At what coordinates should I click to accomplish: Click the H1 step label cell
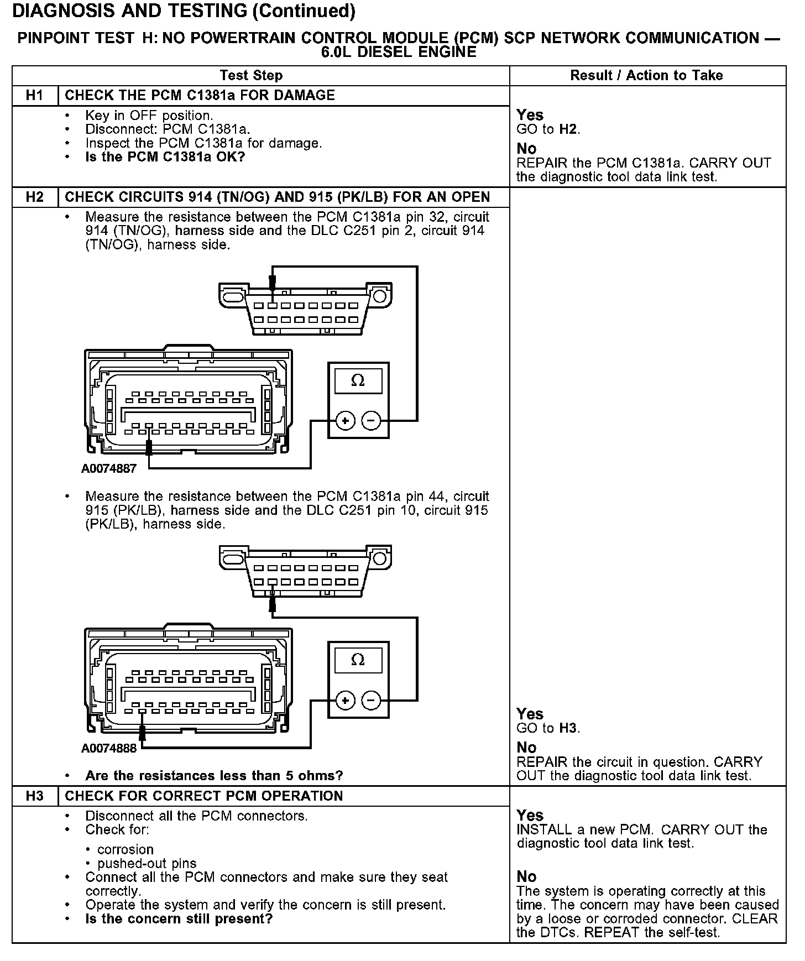(x=34, y=95)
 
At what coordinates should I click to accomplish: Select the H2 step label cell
(x=34, y=197)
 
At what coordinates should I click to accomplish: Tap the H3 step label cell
(x=34, y=796)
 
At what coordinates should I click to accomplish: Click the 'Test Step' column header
(x=251, y=75)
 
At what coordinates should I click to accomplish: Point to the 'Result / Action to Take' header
(x=646, y=75)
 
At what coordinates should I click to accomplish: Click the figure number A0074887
(x=109, y=469)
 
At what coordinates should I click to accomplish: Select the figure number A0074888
(x=109, y=748)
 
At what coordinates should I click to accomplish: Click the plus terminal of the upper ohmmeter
(x=346, y=421)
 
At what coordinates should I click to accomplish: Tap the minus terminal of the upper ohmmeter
(x=371, y=421)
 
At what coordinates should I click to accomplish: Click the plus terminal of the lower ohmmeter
(x=346, y=701)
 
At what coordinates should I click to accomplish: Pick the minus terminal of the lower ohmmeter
(x=371, y=701)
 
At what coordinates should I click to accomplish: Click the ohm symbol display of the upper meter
(x=358, y=381)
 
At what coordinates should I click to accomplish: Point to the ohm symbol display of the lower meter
(x=358, y=660)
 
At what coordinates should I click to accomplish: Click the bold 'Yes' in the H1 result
(x=530, y=115)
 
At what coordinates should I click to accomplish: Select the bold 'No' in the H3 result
(x=526, y=876)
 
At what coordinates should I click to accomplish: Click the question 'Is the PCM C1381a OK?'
(x=165, y=157)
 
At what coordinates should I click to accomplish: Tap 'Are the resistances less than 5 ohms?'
(x=214, y=776)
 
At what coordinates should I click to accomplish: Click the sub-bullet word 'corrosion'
(x=126, y=849)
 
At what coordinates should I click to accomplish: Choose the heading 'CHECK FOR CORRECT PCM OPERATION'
(x=204, y=796)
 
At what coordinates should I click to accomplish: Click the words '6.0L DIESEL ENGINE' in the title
(x=399, y=52)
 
